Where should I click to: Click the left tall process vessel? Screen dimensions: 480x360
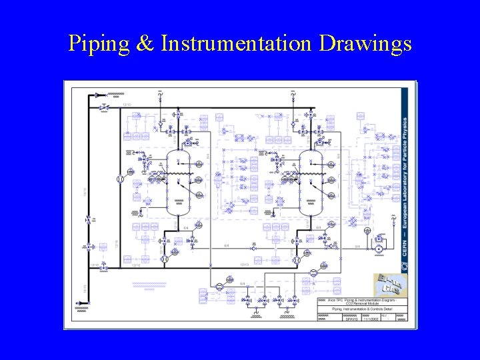178,181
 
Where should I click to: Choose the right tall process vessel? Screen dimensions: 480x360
311,181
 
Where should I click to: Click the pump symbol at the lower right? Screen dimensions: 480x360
379,248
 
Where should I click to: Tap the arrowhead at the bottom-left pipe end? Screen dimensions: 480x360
78,304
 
